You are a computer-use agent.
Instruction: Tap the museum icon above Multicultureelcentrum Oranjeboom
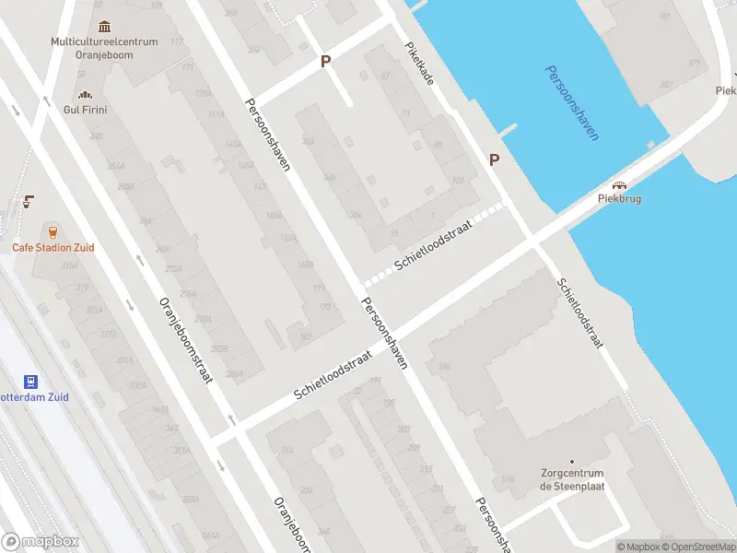[104, 26]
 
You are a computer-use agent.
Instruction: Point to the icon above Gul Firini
[86, 94]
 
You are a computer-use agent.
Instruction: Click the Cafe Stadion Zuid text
[53, 248]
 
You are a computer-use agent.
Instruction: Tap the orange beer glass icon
[53, 231]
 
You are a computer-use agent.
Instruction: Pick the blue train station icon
[30, 381]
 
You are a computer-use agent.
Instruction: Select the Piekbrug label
[619, 198]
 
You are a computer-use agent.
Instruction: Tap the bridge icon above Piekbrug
[619, 183]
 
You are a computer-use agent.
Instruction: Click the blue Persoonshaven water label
[571, 102]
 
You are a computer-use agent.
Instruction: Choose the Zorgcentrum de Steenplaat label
[572, 480]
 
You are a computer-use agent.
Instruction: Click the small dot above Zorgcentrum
[572, 461]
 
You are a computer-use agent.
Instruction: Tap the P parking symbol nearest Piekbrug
[494, 159]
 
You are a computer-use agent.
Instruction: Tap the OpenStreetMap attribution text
[700, 547]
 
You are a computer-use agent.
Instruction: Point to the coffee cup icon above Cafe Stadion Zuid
[29, 201]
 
